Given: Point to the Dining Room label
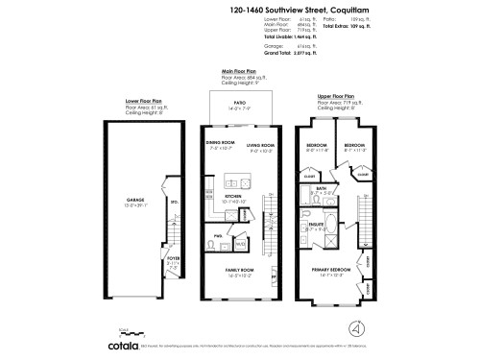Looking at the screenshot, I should coord(220,147).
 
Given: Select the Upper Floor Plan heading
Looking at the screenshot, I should coord(335,96).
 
